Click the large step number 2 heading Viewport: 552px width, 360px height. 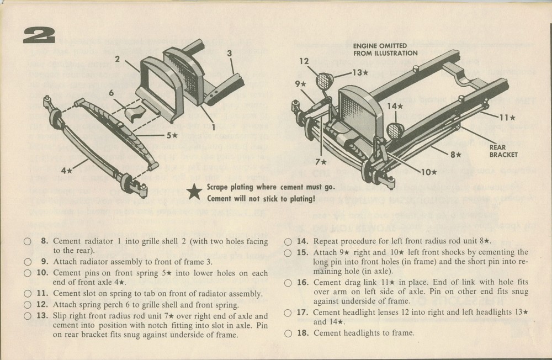tap(39, 35)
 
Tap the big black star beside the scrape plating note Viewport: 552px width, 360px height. tap(194, 193)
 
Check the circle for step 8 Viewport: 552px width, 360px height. tap(27, 241)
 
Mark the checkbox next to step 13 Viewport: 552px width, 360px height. tap(27, 316)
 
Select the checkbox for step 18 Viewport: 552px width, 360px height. tap(288, 333)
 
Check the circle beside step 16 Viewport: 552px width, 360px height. tap(288, 282)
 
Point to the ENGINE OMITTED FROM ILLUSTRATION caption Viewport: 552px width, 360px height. tap(385, 49)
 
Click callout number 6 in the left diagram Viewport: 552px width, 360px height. tap(111, 93)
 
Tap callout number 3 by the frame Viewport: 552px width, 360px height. tap(229, 54)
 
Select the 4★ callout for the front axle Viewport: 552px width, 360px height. tap(67, 171)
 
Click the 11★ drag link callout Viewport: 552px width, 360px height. tap(507, 117)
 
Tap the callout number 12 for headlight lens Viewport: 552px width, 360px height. tap(305, 61)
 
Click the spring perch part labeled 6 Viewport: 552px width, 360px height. tap(132, 114)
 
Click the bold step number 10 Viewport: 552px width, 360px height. tap(42, 273)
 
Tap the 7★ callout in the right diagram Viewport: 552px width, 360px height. tap(320, 162)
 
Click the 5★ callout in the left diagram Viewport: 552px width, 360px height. tap(172, 135)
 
